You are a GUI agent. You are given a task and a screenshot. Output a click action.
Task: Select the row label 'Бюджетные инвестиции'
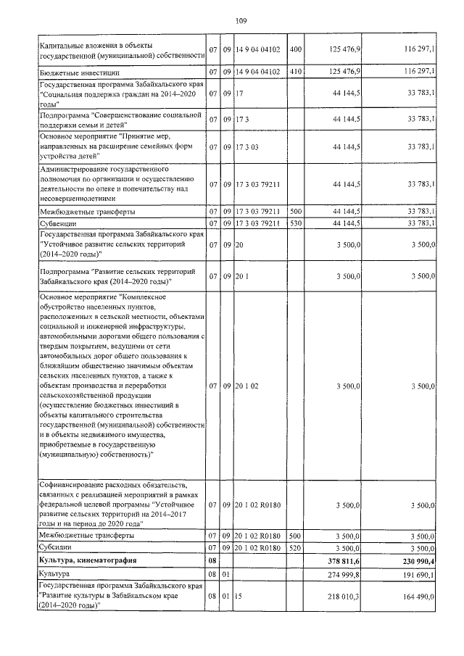[74, 73]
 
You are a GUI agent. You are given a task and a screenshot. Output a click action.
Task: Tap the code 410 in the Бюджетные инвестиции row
[294, 73]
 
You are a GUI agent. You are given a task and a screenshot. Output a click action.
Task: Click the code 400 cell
[294, 49]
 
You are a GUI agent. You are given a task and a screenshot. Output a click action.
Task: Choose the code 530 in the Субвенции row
[294, 223]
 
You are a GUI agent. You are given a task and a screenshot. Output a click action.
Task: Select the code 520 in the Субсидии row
[294, 547]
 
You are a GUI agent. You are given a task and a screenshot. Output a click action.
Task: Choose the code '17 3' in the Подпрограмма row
[241, 118]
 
